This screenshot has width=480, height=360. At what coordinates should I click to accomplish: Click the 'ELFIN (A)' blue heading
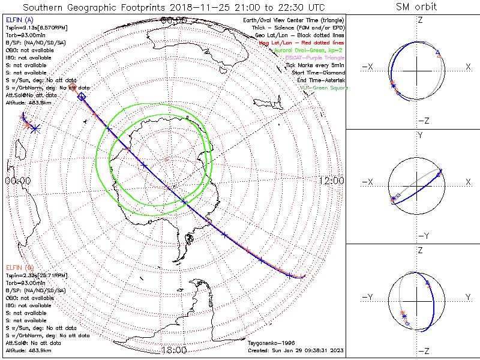19,20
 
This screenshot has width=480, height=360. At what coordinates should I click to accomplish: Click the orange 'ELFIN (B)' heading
19,266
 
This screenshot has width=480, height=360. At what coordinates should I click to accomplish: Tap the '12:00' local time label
331,180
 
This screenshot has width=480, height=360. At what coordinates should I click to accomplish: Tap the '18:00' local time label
174,350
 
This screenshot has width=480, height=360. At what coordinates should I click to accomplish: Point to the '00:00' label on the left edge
17,180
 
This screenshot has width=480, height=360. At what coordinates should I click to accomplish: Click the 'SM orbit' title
416,7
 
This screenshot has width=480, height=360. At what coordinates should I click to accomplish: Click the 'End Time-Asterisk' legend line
319,80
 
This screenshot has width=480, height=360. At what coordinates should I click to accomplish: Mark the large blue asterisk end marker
35,128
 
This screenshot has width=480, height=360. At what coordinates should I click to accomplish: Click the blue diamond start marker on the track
82,97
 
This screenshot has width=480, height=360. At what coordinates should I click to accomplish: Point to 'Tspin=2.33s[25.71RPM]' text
36,274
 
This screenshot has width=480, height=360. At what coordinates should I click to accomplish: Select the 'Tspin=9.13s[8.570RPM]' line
36,28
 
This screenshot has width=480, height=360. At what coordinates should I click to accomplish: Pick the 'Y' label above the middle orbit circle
420,136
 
